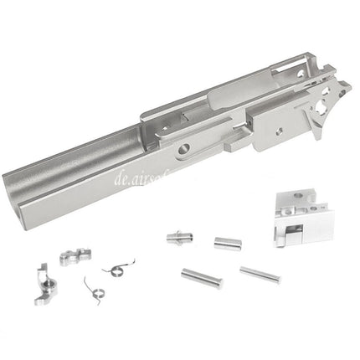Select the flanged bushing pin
[178, 238]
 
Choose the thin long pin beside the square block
[260, 274]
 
